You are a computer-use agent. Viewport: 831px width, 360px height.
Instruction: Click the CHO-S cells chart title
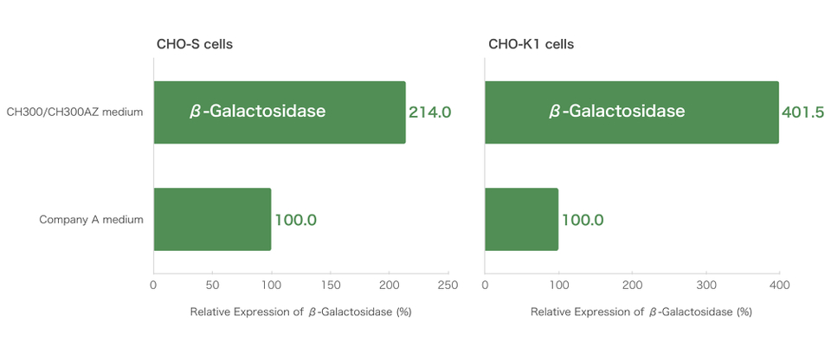(194, 44)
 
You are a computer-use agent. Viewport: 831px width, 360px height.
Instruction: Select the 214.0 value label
(429, 112)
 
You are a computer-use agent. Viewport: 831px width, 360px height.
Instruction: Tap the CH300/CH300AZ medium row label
(74, 112)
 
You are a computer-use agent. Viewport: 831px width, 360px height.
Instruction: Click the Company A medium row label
(91, 220)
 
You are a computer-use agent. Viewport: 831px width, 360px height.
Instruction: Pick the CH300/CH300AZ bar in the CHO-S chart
(280, 112)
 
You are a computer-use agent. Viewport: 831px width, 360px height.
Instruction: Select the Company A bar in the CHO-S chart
(212, 220)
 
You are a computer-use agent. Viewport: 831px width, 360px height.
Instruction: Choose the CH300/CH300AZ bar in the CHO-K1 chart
(631, 112)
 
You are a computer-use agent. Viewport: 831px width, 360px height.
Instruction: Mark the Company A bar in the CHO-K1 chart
(521, 220)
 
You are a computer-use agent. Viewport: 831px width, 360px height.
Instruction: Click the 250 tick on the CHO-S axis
(448, 284)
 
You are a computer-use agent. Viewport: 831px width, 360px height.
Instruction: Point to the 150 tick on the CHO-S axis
(330, 284)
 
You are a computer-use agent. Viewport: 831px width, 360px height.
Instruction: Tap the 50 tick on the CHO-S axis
(212, 284)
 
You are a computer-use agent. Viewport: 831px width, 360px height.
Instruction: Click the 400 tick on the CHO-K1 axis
(780, 284)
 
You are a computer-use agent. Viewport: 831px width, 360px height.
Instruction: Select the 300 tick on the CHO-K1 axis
(706, 284)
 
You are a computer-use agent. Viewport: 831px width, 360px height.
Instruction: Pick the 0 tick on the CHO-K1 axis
(485, 284)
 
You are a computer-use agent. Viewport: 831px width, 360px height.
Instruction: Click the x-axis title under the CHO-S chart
(300, 312)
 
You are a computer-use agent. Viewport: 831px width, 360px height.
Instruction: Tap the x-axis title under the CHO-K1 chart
(641, 312)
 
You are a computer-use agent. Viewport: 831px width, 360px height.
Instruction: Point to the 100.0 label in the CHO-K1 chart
(583, 220)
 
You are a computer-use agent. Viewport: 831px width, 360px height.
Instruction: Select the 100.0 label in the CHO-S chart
(295, 220)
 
